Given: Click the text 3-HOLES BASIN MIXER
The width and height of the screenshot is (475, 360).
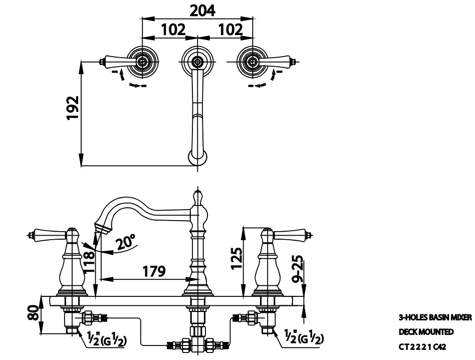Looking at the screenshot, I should pyautogui.click(x=435, y=317).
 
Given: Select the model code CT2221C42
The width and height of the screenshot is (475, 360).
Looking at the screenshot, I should pyautogui.click(x=422, y=346).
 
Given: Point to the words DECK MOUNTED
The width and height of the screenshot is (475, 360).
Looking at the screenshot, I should pyautogui.click(x=426, y=332).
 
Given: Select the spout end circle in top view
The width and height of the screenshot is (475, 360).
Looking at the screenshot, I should pyautogui.click(x=197, y=157).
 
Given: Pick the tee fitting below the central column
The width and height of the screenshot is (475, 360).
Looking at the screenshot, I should pyautogui.click(x=197, y=344).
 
